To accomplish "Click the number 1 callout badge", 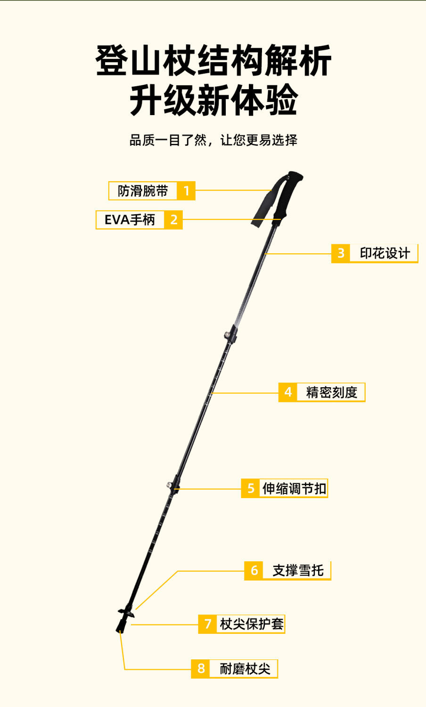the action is click(x=186, y=191).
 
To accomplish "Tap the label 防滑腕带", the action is click(x=143, y=191).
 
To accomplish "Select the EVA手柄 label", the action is click(x=130, y=220).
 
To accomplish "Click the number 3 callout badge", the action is click(x=341, y=253).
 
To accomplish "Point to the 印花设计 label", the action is click(x=385, y=253).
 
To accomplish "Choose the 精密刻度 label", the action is click(x=331, y=392).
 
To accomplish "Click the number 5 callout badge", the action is click(x=251, y=488).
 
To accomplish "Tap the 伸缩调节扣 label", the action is click(x=294, y=488).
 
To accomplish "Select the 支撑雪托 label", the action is click(x=297, y=571).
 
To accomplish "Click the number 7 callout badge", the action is click(x=207, y=624).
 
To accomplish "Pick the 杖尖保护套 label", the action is click(x=252, y=624).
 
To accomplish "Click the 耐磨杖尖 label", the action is click(x=245, y=669).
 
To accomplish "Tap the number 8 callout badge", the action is click(x=201, y=669).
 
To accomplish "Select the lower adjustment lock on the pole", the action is click(x=174, y=484).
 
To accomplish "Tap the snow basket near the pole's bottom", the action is click(x=126, y=612).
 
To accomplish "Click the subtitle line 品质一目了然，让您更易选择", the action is click(x=213, y=140).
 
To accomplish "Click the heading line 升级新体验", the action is click(x=213, y=100).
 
